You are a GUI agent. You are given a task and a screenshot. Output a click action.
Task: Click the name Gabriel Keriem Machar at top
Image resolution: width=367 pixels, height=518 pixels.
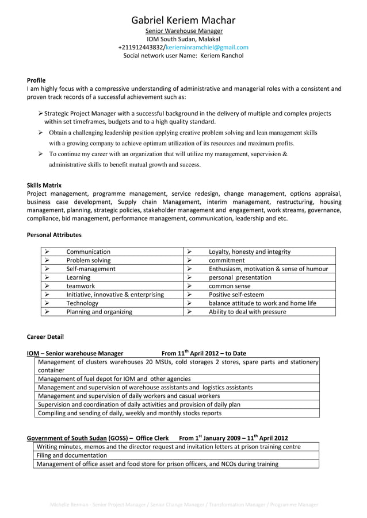[x=183, y=20]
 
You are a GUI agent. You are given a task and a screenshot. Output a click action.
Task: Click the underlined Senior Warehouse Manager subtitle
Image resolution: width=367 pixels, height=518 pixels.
[x=183, y=30]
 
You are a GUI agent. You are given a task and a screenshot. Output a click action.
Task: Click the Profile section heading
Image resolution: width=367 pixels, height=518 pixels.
[x=36, y=80]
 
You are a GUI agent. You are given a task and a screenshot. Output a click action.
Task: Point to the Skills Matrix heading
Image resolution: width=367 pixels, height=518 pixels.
[x=44, y=185]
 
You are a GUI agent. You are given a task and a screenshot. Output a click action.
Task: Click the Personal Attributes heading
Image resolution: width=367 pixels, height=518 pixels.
[x=54, y=235]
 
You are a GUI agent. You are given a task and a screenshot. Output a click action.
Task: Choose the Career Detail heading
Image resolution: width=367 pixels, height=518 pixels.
[x=45, y=337]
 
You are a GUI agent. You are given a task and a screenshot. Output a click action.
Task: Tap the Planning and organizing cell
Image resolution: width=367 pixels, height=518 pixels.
[x=99, y=312]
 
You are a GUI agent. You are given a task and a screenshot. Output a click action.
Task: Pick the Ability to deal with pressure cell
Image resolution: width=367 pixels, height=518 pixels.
[x=247, y=312]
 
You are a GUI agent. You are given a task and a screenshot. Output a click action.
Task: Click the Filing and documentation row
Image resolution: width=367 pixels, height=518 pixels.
[x=72, y=455]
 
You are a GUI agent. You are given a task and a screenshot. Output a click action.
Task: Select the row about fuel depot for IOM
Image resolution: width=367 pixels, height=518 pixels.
[x=114, y=379]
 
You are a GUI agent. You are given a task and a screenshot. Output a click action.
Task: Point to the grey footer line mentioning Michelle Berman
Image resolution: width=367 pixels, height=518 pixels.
[x=183, y=505]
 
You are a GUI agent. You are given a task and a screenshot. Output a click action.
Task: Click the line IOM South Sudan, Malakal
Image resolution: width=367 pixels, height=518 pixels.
[x=183, y=38]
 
